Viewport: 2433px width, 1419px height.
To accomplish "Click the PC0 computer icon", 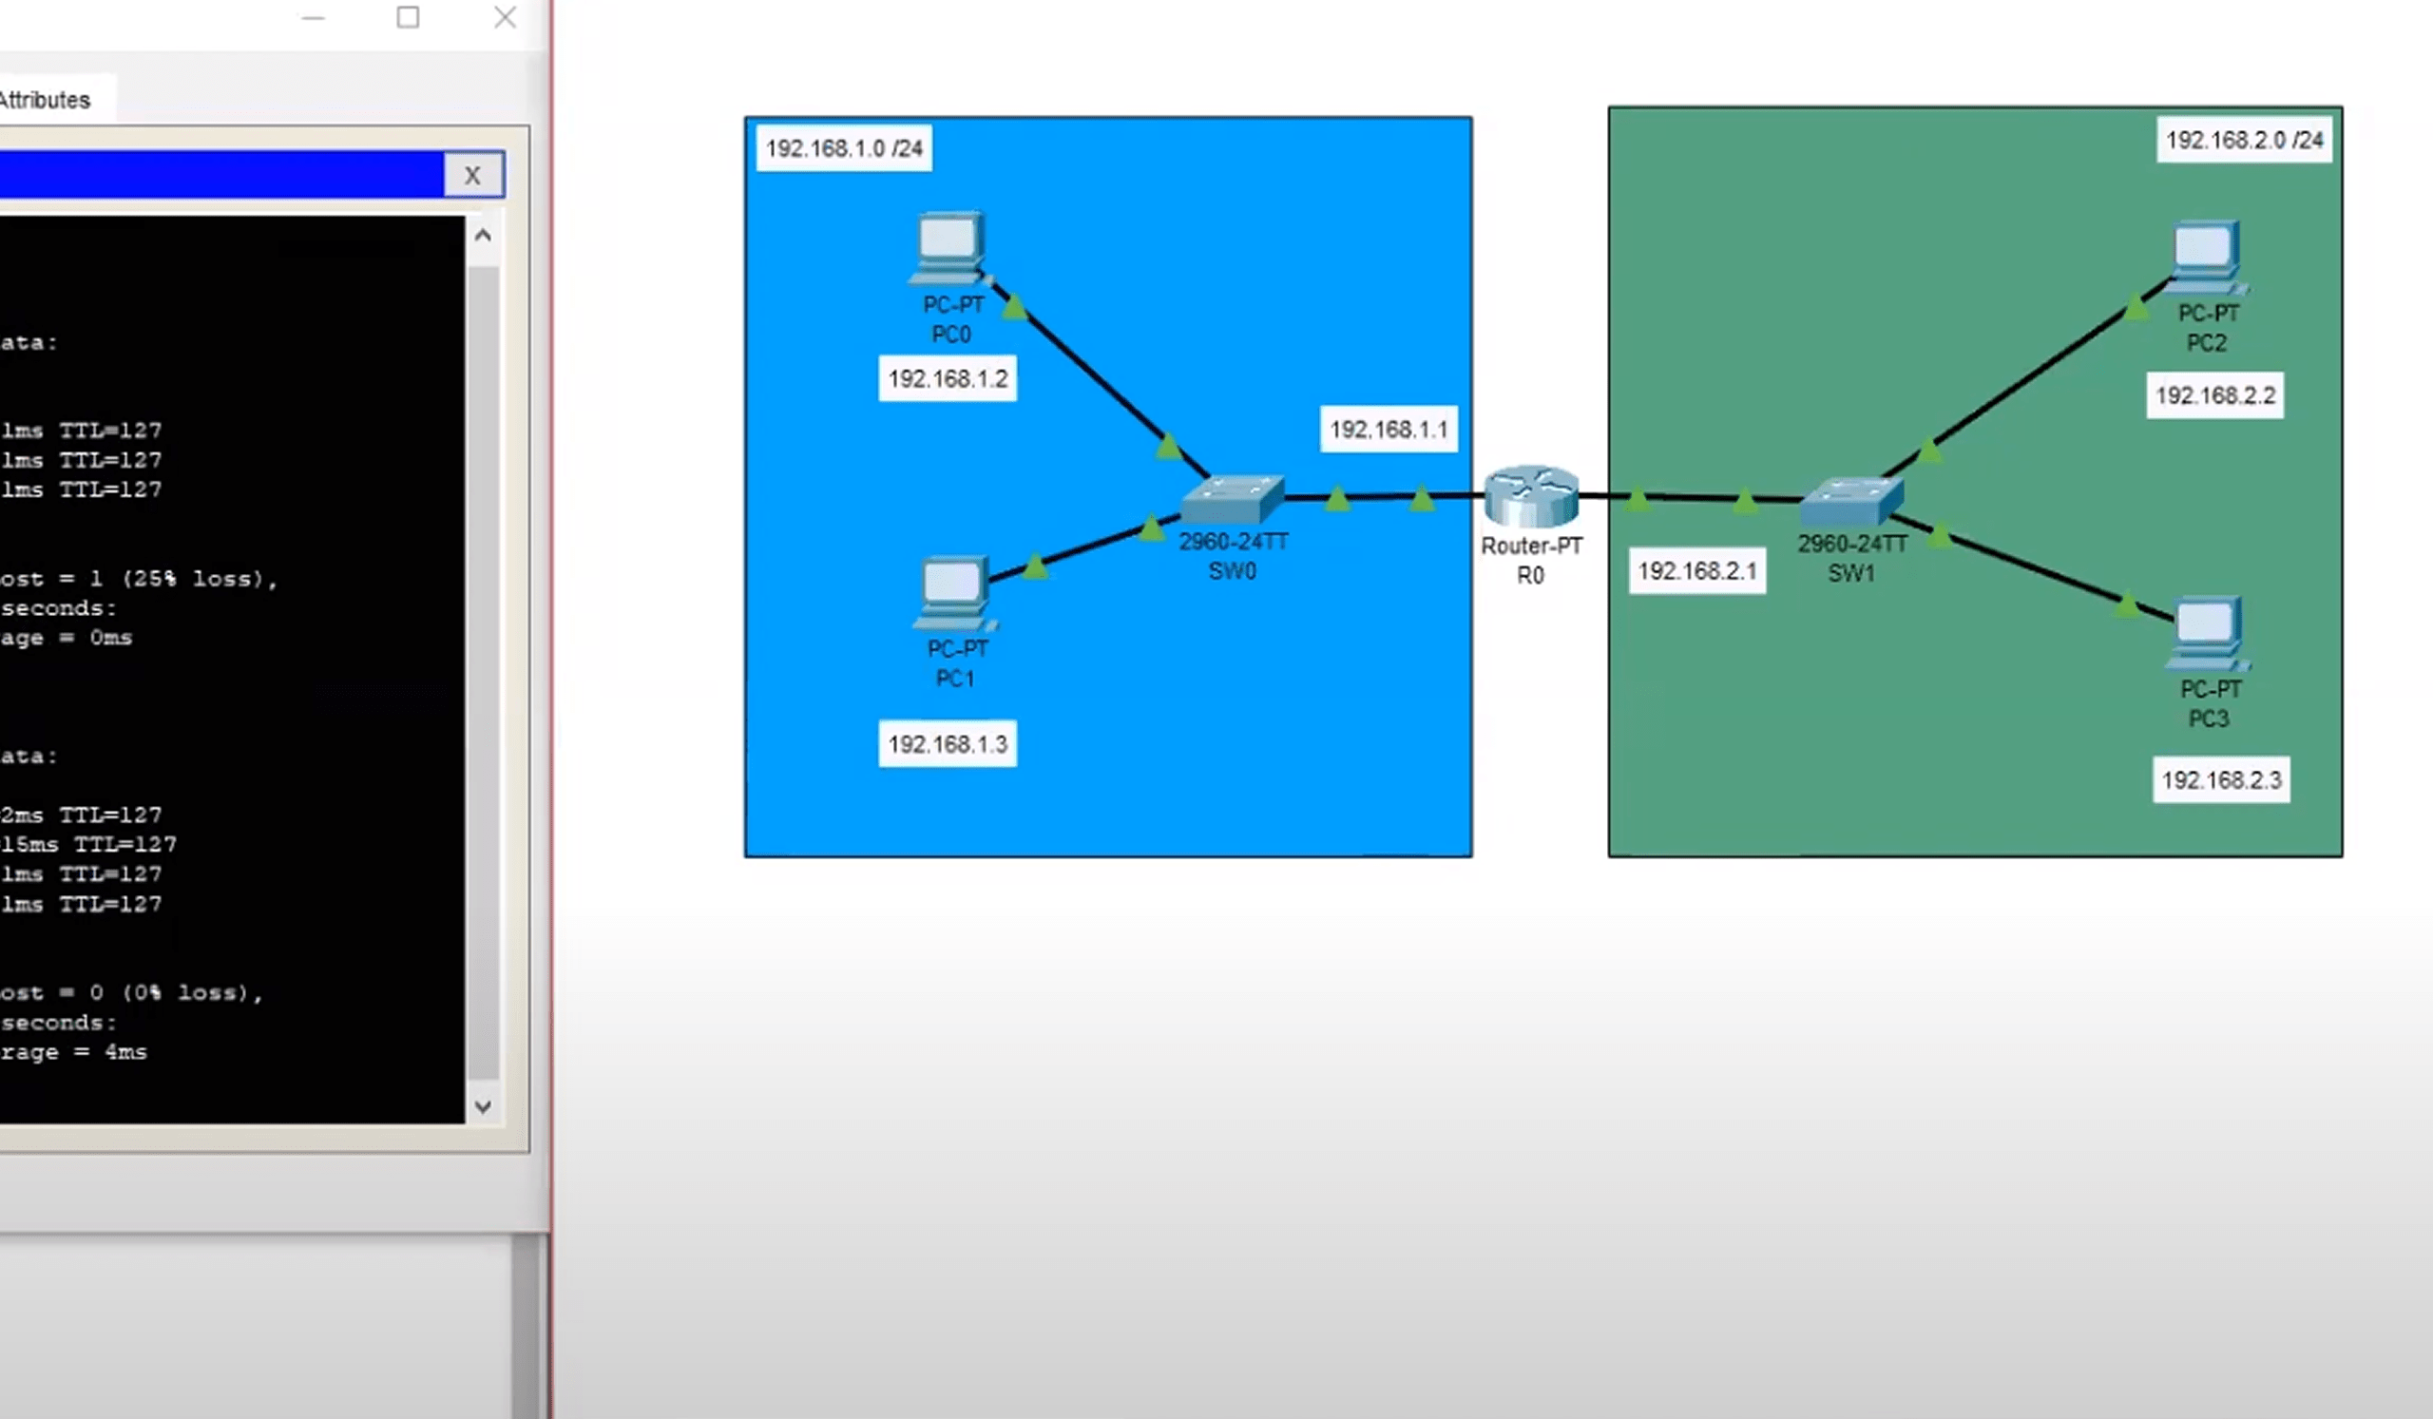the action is tap(948, 246).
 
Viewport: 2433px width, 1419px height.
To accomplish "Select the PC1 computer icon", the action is tap(953, 591).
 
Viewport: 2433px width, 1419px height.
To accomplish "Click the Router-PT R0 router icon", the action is tap(1531, 496).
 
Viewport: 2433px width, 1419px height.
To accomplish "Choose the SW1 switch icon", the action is tap(1851, 501).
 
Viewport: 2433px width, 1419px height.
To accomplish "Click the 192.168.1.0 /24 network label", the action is tap(844, 148).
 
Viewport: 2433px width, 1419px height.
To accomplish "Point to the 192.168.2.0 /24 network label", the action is tap(2244, 141).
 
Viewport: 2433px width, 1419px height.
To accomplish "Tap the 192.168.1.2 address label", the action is tap(948, 378).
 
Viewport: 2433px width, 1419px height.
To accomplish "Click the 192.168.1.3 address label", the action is tap(948, 744).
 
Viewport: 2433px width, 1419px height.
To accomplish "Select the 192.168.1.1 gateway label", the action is tap(1389, 430).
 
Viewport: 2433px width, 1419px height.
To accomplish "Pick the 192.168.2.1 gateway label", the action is tap(1696, 571).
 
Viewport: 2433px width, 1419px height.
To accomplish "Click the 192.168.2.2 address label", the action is tap(2214, 395).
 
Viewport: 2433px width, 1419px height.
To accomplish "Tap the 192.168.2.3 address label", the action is tap(2221, 780).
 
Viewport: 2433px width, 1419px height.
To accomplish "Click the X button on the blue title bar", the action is tap(472, 176).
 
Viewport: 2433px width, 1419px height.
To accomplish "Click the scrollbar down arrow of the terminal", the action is tap(483, 1106).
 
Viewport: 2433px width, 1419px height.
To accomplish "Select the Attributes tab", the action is tap(46, 101).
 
